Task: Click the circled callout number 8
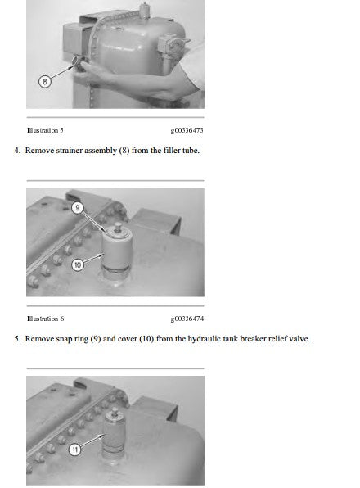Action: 44,82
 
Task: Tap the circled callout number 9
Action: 78,207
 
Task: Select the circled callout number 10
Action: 78,264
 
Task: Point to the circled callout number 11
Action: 74,450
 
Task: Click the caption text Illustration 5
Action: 45,130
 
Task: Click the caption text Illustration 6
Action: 45,319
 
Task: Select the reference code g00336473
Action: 187,130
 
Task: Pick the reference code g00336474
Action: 187,319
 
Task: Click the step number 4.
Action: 17,151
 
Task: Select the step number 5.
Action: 17,339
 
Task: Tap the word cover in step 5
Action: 128,339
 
